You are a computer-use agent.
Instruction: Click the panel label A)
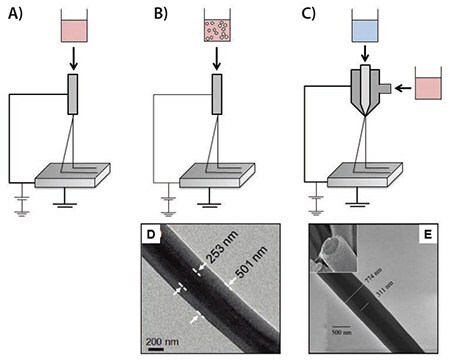pos(17,15)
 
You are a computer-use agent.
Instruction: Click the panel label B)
pos(159,15)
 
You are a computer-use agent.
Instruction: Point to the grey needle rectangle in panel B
pos(219,93)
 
